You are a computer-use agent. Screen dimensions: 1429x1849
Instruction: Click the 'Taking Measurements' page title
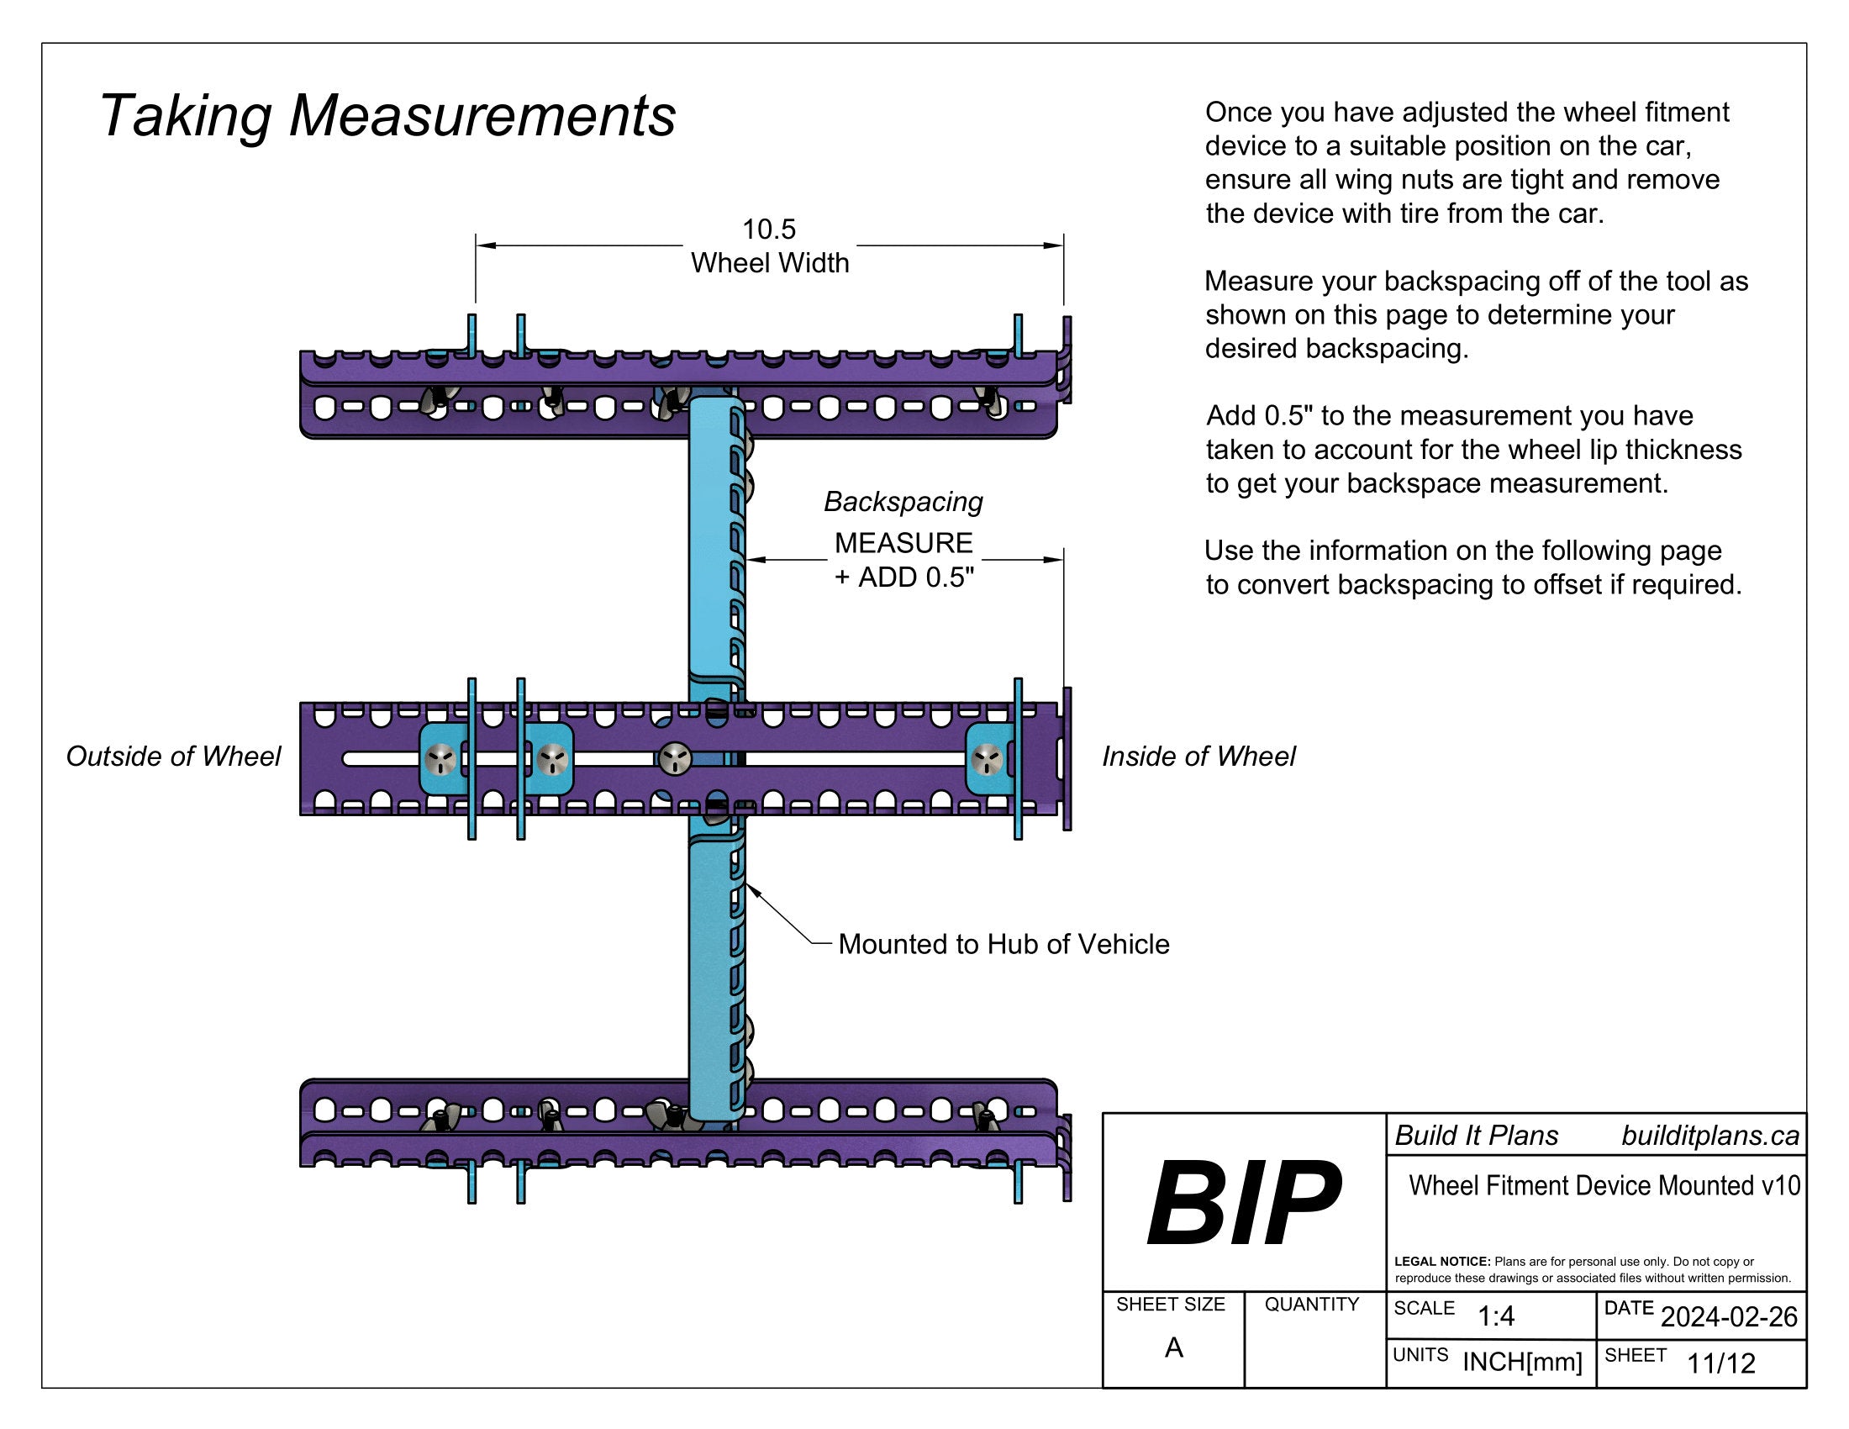click(387, 116)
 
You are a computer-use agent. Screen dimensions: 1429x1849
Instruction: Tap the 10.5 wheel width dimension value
click(769, 229)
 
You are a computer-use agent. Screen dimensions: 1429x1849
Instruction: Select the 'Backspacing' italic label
click(903, 502)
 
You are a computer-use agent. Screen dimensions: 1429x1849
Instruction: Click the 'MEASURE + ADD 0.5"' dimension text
click(903, 560)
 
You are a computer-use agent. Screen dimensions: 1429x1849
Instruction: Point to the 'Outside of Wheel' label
click(174, 756)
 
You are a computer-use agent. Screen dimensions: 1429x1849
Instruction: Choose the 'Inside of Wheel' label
click(1198, 756)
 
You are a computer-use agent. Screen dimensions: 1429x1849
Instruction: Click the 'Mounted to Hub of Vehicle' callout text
click(1004, 944)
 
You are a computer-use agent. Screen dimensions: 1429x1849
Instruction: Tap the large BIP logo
click(1242, 1203)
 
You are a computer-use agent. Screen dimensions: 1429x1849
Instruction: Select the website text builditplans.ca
click(1709, 1136)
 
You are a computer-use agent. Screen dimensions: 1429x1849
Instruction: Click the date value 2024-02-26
click(1729, 1317)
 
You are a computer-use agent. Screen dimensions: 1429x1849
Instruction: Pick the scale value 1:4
click(1495, 1316)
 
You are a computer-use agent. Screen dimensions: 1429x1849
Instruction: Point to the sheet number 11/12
click(1721, 1363)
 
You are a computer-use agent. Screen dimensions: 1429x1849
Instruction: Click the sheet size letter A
click(1173, 1347)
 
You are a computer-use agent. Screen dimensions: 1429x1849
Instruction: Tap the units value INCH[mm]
click(1522, 1361)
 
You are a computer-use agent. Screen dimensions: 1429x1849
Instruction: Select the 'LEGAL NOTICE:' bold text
click(1441, 1262)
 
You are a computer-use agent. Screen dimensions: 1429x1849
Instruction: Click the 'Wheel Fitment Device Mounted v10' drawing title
click(1604, 1185)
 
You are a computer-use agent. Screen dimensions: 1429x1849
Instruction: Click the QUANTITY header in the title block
click(1311, 1305)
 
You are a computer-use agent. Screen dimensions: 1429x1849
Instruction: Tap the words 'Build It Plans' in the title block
click(1476, 1136)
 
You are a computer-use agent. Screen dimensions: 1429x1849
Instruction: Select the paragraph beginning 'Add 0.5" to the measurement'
click(1473, 450)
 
